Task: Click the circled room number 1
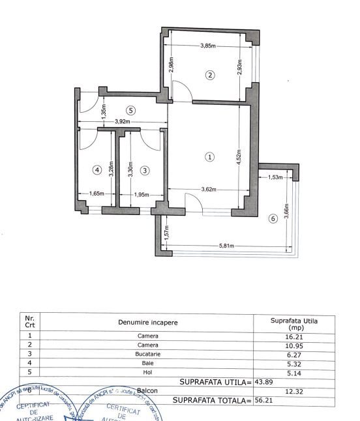[x=209, y=156]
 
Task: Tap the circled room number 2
[x=210, y=75]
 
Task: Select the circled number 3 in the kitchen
[x=145, y=170]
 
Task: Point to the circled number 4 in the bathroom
[x=97, y=170]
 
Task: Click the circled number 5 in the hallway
[x=130, y=110]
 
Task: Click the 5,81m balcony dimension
[x=227, y=246]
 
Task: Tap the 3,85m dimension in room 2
[x=209, y=46]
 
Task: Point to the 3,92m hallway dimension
[x=121, y=122]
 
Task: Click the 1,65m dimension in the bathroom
[x=96, y=194]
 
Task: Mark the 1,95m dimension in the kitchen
[x=141, y=194]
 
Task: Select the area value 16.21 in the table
[x=295, y=336]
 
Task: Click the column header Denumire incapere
[x=147, y=323]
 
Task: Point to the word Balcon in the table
[x=147, y=391]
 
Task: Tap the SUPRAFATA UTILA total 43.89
[x=263, y=382]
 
